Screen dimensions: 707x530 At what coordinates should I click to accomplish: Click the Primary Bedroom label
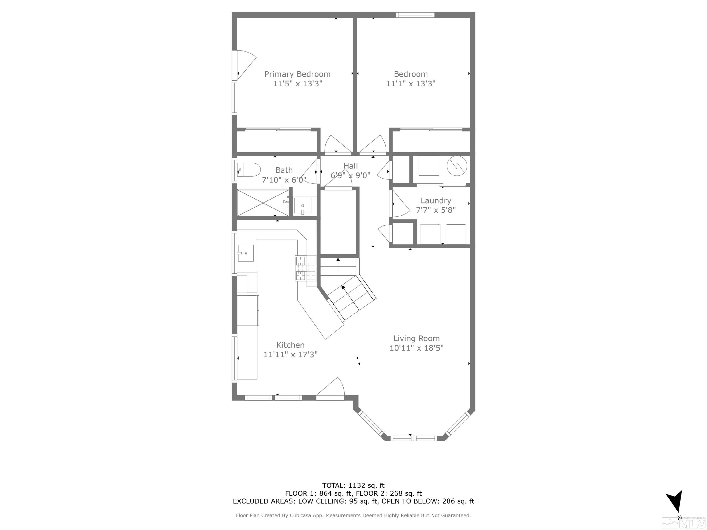click(x=297, y=74)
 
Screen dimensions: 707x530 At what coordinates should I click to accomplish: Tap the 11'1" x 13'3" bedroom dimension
click(x=411, y=84)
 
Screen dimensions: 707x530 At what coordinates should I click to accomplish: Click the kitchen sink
click(x=246, y=253)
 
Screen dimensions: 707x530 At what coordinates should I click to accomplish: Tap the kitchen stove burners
click(x=305, y=269)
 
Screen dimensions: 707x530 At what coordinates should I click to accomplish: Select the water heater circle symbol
click(x=457, y=166)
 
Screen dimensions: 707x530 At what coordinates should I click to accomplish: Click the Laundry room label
click(x=436, y=201)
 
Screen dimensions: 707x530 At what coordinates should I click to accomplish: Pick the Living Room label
click(x=416, y=338)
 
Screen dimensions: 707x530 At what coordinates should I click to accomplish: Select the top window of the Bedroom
click(x=415, y=15)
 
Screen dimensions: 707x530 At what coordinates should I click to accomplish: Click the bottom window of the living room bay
click(x=414, y=438)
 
